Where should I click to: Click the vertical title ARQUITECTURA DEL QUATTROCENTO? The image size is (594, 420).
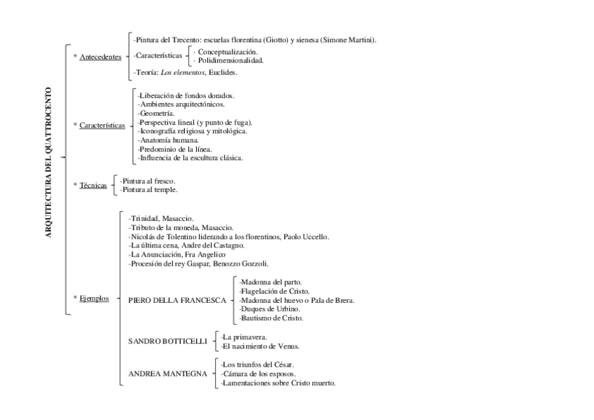(48, 163)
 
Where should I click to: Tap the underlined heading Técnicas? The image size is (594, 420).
(93, 185)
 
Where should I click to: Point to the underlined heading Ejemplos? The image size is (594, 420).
(94, 297)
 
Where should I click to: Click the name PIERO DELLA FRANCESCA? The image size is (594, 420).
(177, 300)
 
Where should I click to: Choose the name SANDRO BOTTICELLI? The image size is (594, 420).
(168, 341)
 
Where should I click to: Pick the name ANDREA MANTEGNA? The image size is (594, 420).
(168, 374)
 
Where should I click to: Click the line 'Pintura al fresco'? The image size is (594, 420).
(148, 181)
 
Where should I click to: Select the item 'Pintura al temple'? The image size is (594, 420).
(148, 189)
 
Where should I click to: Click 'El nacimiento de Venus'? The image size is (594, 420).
(260, 346)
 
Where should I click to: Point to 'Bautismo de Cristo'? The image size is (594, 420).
(270, 318)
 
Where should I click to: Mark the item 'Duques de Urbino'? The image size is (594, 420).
(270, 309)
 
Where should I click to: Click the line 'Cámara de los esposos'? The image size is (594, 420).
(259, 374)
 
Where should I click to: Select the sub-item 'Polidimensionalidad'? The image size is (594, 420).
(230, 60)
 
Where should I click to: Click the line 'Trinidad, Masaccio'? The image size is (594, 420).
(161, 219)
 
